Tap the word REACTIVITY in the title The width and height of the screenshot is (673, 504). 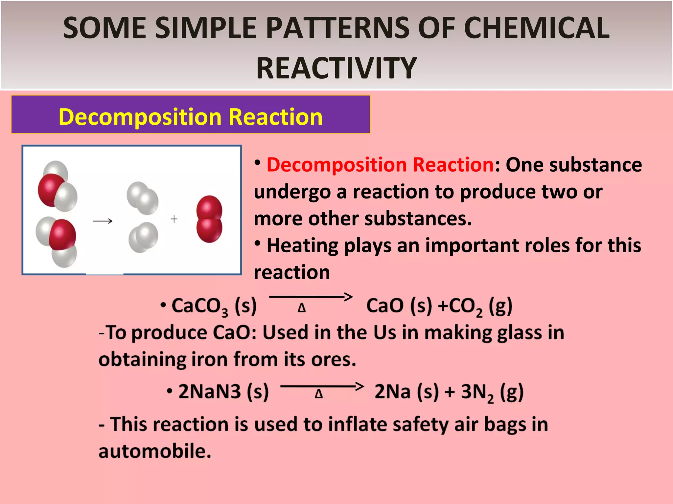pos(336,68)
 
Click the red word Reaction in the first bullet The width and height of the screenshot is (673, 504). pos(453,164)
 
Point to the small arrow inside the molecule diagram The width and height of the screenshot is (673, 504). pos(103,221)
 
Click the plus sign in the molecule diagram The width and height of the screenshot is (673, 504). pos(174,219)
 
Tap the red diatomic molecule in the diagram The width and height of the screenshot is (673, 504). pos(209,219)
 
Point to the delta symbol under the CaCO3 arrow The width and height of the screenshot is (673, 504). pos(302,308)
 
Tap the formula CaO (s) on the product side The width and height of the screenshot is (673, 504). pos(399,305)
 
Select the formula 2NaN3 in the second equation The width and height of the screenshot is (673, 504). pos(210,391)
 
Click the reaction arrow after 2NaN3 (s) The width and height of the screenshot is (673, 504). pos(322,386)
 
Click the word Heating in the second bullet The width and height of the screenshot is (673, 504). pos(303,245)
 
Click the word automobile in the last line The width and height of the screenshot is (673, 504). pos(154,451)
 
